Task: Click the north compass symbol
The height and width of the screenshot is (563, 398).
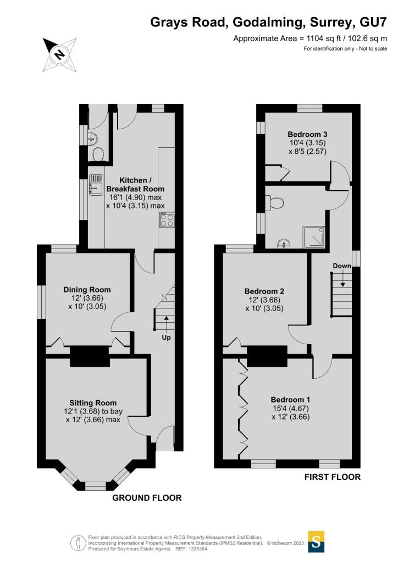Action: (59, 54)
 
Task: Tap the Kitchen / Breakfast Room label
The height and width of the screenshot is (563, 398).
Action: (135, 185)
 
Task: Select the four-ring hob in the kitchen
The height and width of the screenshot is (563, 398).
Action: (167, 220)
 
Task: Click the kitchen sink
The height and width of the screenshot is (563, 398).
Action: (96, 185)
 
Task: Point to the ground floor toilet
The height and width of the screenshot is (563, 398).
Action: (98, 155)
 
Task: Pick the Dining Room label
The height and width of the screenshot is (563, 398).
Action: (87, 289)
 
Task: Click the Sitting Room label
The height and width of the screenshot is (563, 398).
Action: (93, 403)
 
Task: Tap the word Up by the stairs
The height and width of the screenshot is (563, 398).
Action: (166, 338)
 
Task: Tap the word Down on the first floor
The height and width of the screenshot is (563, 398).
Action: (342, 266)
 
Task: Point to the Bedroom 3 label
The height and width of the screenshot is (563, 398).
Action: (307, 134)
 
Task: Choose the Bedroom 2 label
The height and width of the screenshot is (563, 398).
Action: (264, 291)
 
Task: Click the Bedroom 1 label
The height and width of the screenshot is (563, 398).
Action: (291, 400)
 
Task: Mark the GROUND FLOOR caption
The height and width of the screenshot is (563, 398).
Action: (147, 498)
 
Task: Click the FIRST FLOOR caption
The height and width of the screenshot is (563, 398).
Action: (333, 477)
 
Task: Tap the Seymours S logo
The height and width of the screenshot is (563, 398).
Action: (316, 541)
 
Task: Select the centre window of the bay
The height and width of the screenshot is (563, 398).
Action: (96, 486)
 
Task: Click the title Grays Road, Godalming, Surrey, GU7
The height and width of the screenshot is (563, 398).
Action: (268, 22)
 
